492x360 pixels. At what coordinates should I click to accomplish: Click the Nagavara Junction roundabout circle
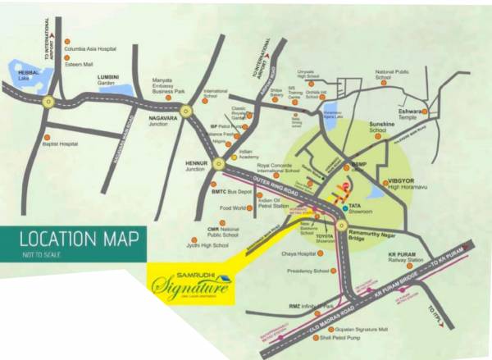click(186, 110)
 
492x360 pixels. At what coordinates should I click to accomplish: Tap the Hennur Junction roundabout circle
click(218, 164)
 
